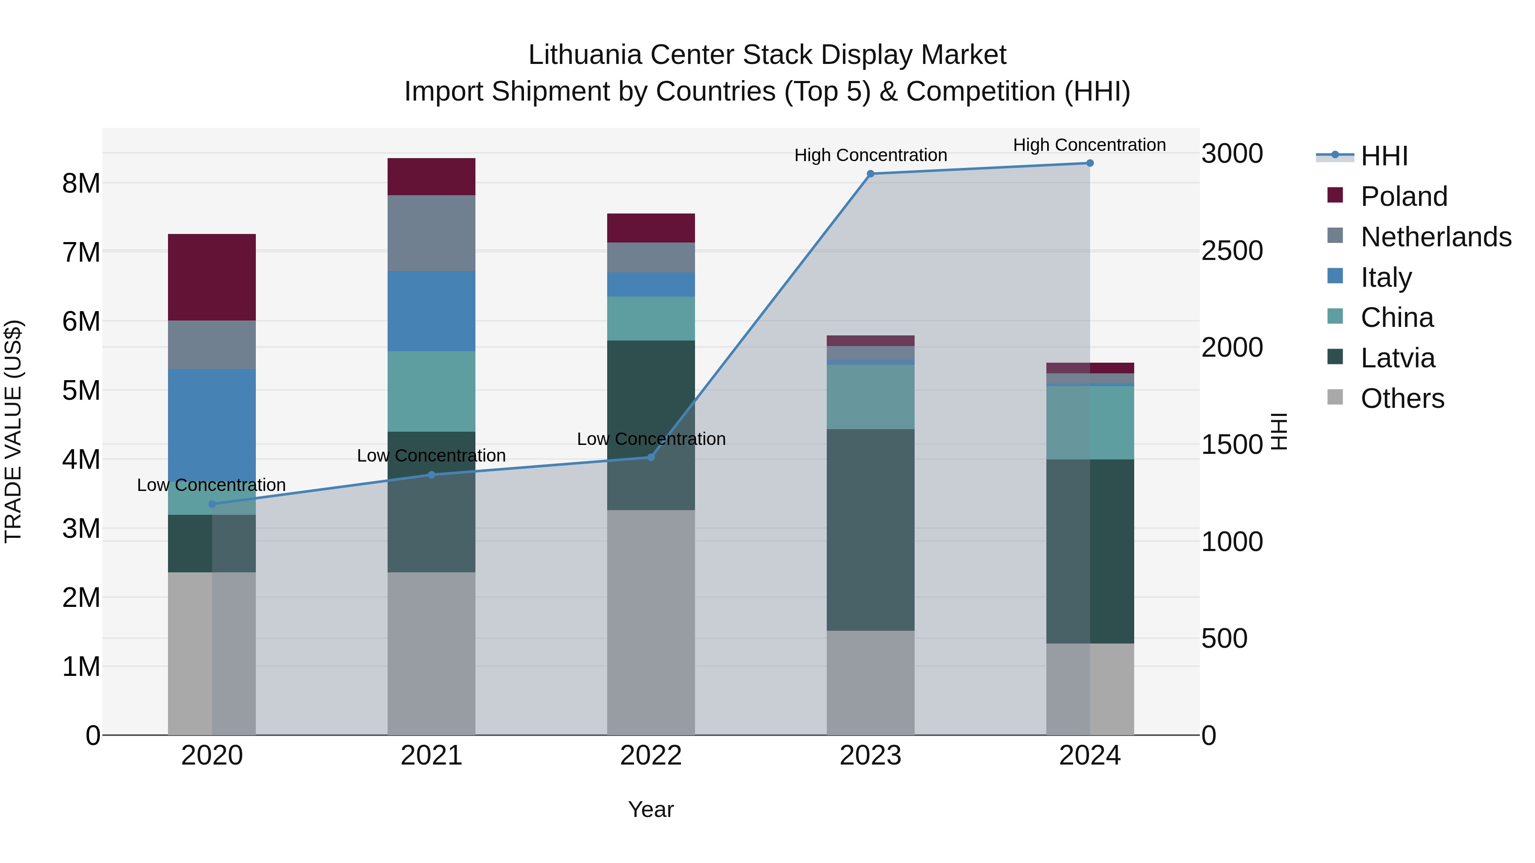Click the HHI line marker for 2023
pos(870,174)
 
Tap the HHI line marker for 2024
pos(1090,163)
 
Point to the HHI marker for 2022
pos(651,457)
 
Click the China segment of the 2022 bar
pos(651,319)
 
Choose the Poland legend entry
pos(1403,196)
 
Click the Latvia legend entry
pos(1397,358)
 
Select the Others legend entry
pos(1402,398)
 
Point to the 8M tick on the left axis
pos(81,183)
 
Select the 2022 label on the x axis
pos(651,756)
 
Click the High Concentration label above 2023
pos(870,156)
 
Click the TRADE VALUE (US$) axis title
pos(13,431)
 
